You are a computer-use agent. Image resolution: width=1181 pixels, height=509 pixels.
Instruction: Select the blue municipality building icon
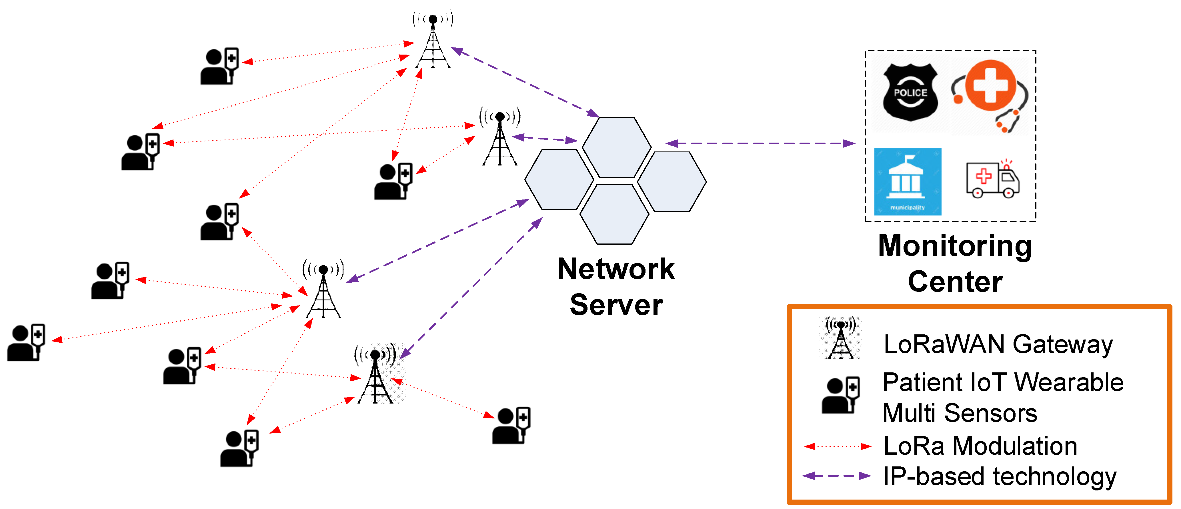908,181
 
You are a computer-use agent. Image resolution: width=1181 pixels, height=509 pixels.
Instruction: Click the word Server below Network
616,305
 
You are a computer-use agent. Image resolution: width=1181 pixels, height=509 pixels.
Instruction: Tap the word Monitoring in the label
955,247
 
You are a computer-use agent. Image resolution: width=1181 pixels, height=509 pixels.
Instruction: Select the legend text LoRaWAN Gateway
998,344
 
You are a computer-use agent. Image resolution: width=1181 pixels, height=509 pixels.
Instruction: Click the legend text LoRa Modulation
980,446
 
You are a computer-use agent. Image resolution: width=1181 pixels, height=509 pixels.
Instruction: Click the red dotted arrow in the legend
838,446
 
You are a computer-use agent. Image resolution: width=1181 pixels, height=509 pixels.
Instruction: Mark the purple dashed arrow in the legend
837,476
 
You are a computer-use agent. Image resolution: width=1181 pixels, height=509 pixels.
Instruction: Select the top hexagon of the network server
617,147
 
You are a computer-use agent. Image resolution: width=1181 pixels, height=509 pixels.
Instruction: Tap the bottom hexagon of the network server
614,214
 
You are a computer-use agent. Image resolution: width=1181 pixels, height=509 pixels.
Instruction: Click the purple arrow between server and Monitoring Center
760,143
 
